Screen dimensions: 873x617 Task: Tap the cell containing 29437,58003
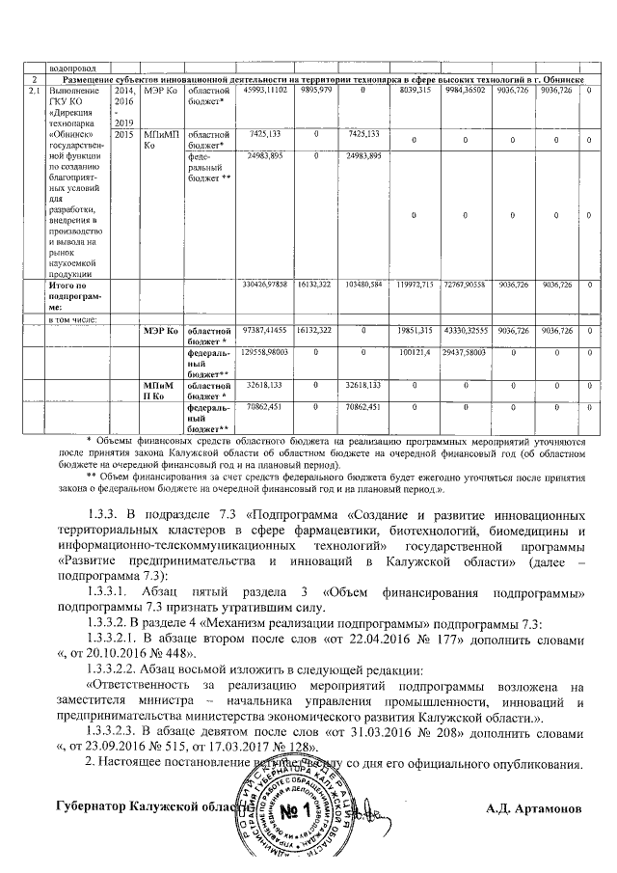pos(468,354)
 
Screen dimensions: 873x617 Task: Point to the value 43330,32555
pos(468,330)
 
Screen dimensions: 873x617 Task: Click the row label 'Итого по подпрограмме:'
pos(75,294)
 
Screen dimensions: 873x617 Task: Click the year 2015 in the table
pos(123,135)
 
